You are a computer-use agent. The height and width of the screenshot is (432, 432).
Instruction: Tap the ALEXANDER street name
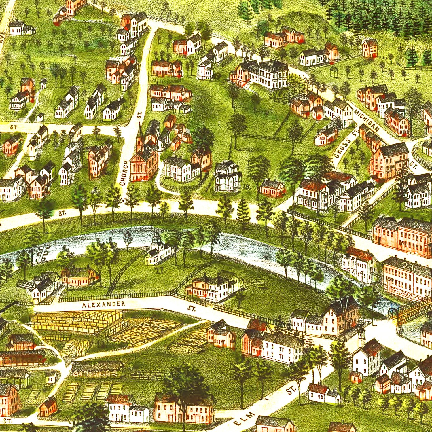pyautogui.click(x=104, y=304)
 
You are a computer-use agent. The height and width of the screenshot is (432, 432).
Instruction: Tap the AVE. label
pyautogui.click(x=3, y=36)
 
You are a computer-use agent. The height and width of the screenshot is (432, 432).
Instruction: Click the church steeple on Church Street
pyautogui.click(x=140, y=135)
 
